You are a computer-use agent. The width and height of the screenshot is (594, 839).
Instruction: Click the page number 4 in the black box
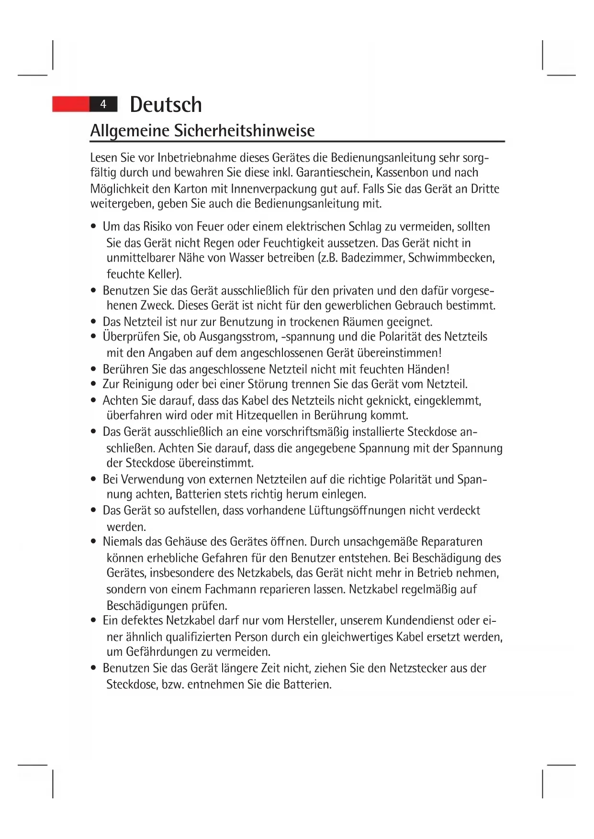(x=103, y=104)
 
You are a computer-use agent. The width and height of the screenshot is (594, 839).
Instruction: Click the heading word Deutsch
(x=166, y=105)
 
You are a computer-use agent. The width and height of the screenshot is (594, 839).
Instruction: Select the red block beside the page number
(x=71, y=104)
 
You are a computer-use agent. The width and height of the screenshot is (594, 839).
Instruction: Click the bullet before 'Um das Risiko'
(x=94, y=227)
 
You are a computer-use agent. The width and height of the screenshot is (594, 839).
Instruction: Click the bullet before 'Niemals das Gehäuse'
(x=94, y=542)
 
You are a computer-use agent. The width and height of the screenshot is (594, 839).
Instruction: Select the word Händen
(x=428, y=369)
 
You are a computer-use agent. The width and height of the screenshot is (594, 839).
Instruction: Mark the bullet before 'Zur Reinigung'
(x=94, y=384)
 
